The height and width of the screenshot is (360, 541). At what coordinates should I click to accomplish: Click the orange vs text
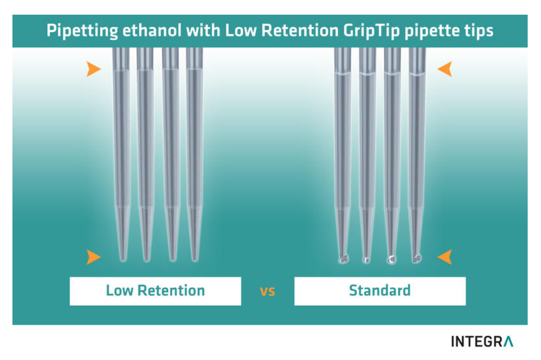click(x=267, y=292)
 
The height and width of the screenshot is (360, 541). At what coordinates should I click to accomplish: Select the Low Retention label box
click(x=155, y=291)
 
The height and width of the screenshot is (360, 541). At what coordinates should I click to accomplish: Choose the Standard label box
click(x=380, y=291)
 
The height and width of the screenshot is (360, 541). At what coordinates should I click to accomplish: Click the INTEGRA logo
click(x=482, y=341)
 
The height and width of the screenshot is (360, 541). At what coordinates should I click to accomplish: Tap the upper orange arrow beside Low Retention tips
click(x=94, y=69)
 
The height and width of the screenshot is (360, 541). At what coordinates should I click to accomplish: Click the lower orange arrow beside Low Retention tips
click(x=94, y=257)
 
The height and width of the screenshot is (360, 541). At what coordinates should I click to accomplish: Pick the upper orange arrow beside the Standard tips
click(x=445, y=69)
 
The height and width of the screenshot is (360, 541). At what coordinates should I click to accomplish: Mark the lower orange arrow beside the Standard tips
click(x=445, y=257)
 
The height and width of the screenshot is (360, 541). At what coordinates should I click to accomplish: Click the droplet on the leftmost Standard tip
click(x=342, y=259)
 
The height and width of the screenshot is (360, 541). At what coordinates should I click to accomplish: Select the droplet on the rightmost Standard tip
click(x=417, y=258)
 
